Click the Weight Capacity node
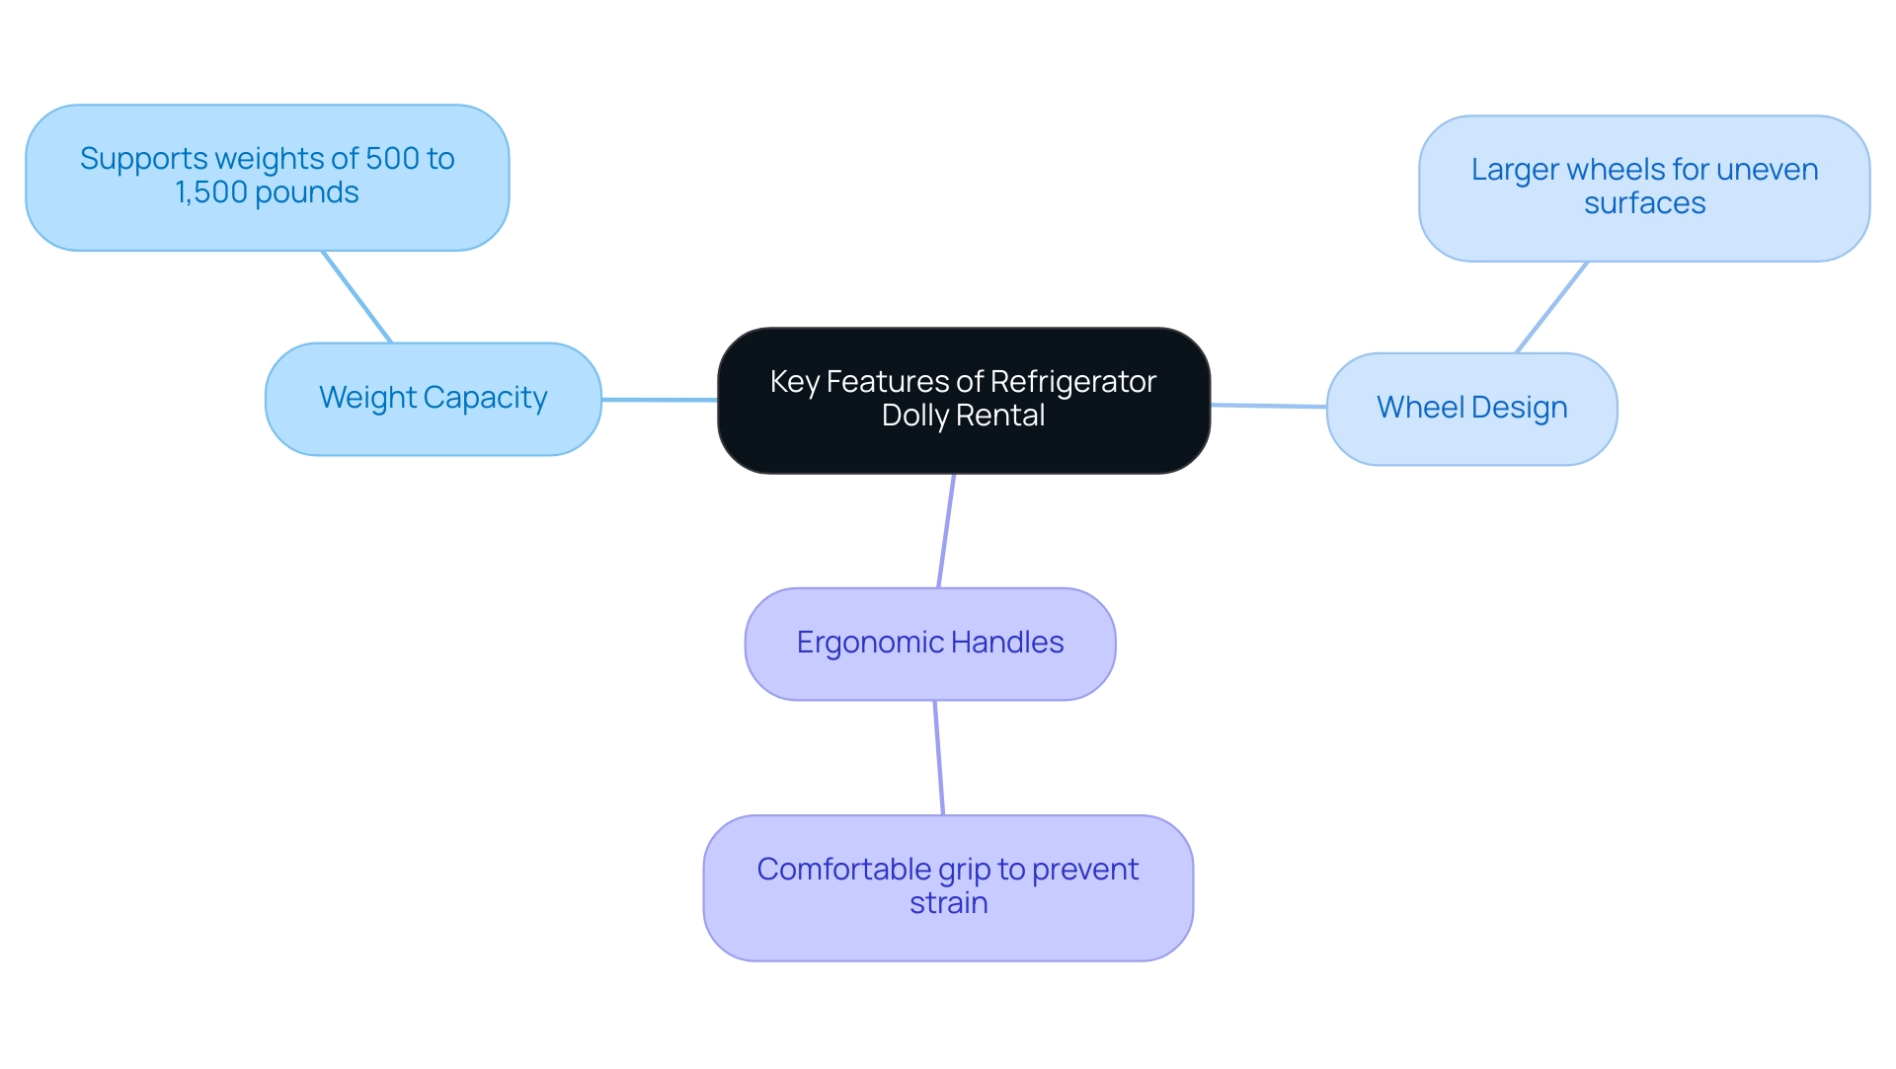[433, 399]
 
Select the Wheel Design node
[1471, 409]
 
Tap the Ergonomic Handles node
[929, 644]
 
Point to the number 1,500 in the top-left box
[210, 192]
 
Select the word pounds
[307, 192]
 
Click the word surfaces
[1644, 203]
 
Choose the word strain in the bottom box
[948, 903]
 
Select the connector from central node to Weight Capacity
[660, 400]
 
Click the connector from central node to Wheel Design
[1269, 406]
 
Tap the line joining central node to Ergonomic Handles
[946, 531]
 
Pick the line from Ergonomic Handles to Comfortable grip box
[939, 758]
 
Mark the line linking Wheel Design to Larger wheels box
[1551, 307]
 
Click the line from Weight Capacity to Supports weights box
[357, 297]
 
